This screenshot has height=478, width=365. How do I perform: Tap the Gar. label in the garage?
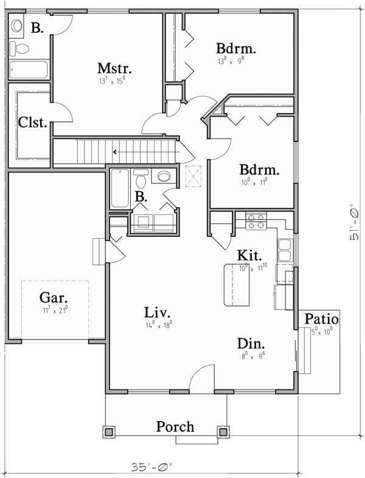pos(54,298)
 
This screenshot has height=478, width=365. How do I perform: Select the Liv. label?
pos(158,313)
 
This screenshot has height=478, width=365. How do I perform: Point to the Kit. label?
pos(250,255)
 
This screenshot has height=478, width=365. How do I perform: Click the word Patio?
pos(322,318)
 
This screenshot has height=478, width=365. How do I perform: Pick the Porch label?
pos(175,426)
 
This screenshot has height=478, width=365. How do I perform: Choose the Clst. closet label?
pos(33,122)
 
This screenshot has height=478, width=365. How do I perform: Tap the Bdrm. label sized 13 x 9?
pos(235,49)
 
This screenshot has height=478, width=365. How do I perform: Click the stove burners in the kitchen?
pos(256,221)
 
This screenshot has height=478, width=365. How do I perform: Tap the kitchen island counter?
pos(238,285)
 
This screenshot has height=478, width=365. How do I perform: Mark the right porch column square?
pos(223,432)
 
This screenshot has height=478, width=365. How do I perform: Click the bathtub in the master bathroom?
pos(29,69)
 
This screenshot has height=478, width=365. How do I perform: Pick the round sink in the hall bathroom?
pos(164,177)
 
